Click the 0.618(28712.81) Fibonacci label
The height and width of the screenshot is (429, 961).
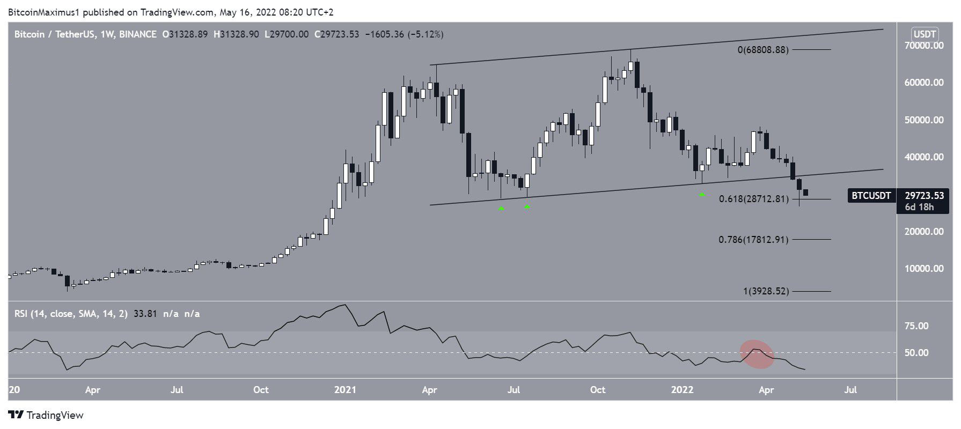click(x=753, y=199)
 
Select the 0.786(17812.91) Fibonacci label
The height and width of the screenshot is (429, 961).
click(x=753, y=239)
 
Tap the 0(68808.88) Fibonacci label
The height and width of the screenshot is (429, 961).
click(x=762, y=50)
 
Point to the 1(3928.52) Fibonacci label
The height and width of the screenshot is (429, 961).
click(x=766, y=291)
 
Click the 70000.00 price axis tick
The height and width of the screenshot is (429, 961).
click(x=924, y=46)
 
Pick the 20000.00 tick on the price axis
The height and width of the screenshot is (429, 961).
click(x=924, y=232)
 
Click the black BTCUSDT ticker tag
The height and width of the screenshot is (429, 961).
click(x=871, y=196)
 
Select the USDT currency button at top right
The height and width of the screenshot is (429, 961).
click(x=925, y=34)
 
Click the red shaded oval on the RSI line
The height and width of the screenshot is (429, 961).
click(x=757, y=354)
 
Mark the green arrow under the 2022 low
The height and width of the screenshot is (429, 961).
click(x=702, y=194)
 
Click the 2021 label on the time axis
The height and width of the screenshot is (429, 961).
click(x=345, y=390)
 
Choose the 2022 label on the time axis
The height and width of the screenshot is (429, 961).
click(x=682, y=390)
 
